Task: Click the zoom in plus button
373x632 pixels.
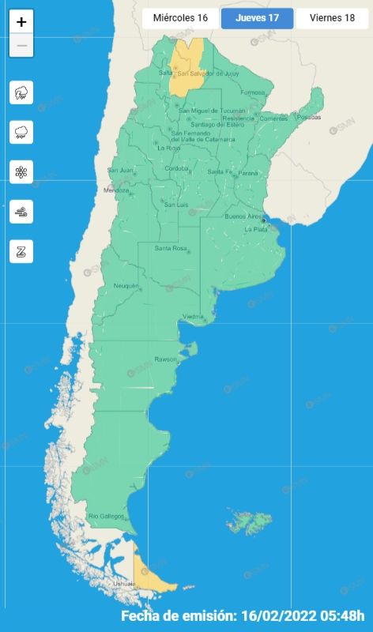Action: [21, 22]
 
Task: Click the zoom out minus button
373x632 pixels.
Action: [21, 46]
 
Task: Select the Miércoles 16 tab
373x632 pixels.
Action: [180, 17]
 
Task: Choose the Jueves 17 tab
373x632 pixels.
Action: [257, 17]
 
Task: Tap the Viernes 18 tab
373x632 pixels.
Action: [332, 17]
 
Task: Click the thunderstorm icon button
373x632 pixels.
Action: [21, 93]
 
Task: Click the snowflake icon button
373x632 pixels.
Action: [21, 172]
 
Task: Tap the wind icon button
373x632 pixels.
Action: [21, 212]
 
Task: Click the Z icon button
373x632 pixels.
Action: [21, 252]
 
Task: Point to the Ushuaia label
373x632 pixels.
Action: [124, 584]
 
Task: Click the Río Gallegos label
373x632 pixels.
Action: [106, 516]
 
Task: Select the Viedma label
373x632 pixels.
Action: [194, 317]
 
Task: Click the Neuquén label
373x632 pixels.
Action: [126, 285]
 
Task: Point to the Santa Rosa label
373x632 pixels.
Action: [170, 249]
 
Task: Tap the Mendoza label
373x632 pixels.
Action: [116, 190]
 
